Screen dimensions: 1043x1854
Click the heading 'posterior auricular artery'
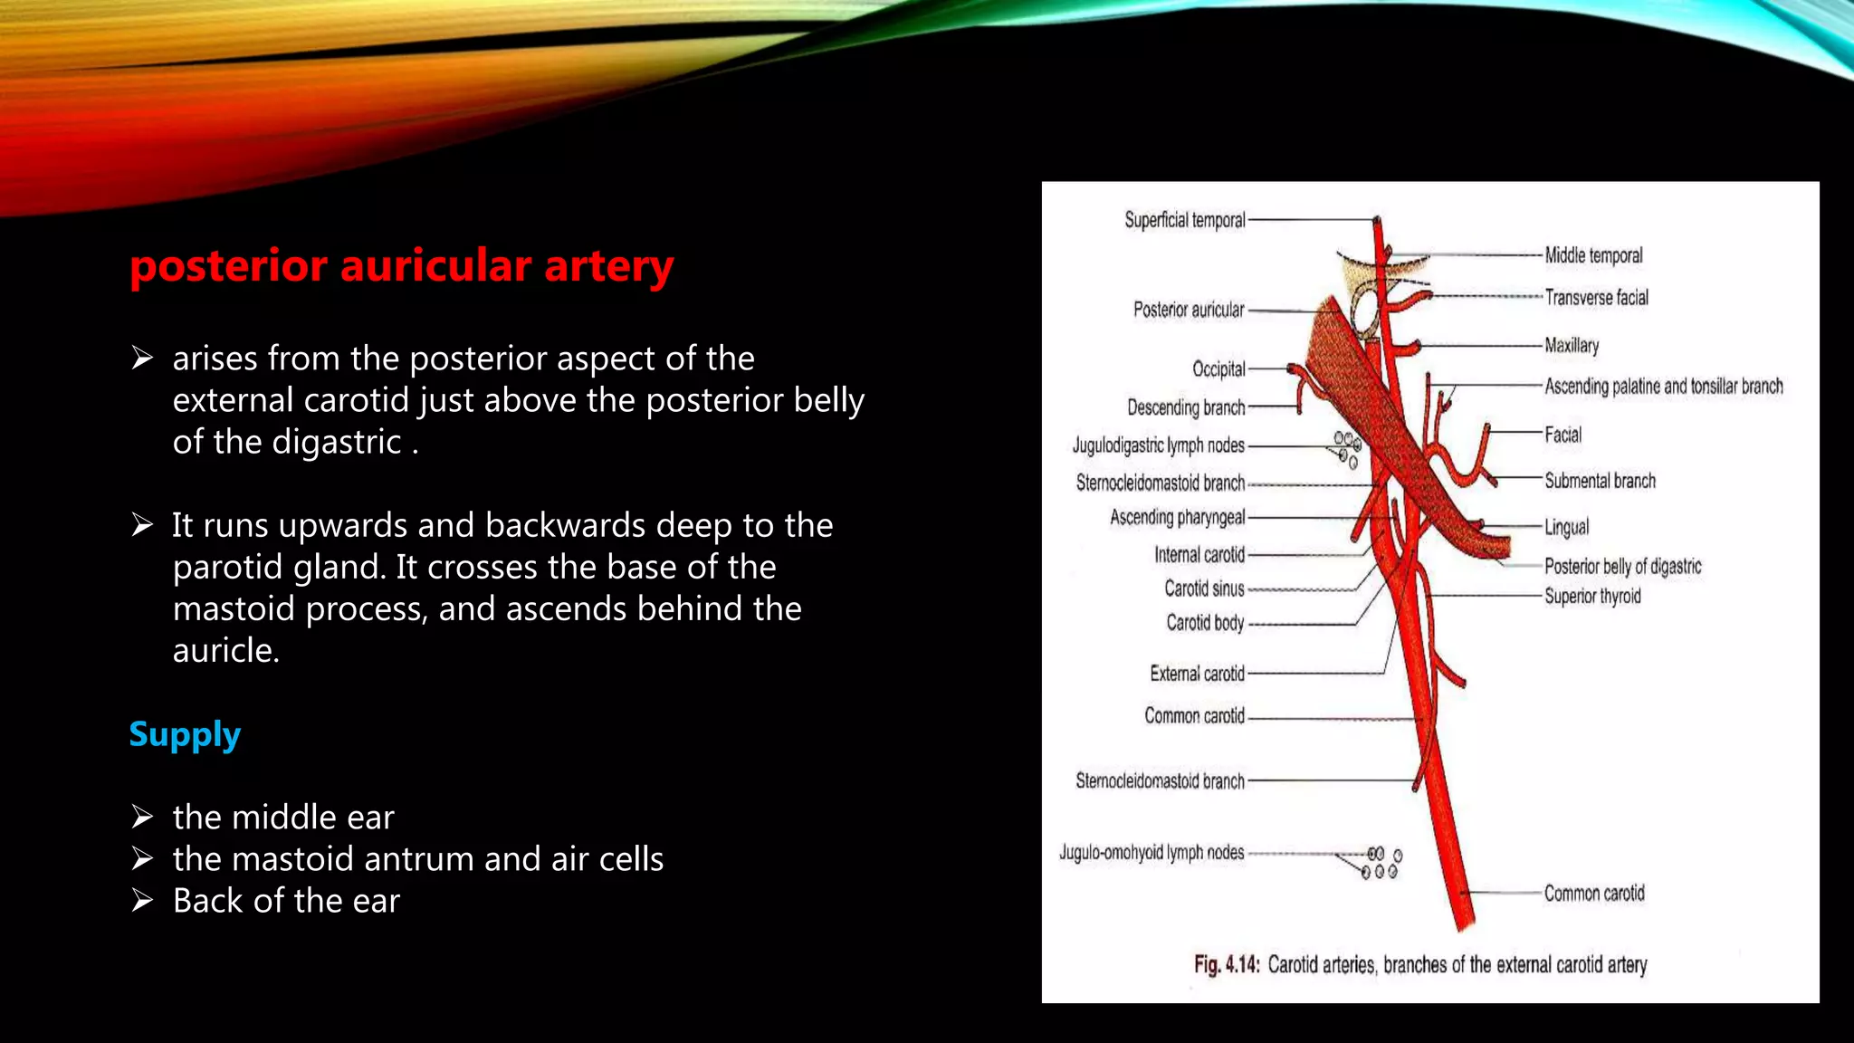click(401, 266)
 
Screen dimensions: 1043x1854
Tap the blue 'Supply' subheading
click(185, 734)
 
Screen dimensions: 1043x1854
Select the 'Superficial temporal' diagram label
click(1184, 220)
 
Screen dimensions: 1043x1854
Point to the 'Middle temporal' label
click(1593, 255)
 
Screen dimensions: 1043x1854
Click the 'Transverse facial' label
click(1596, 297)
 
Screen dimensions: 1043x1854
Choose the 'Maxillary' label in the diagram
click(1572, 345)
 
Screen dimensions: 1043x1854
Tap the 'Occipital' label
click(1218, 368)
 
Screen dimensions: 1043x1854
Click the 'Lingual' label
click(1566, 527)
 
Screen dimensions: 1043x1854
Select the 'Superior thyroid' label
click(1592, 596)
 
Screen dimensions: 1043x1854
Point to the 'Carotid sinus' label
click(1204, 588)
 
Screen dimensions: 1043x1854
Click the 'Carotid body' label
click(1205, 623)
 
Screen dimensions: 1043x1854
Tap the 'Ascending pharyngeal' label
click(1177, 517)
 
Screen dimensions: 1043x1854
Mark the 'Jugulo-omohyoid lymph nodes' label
click(1152, 853)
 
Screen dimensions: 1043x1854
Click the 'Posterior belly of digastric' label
click(1622, 567)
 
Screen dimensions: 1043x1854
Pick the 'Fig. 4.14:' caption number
click(1226, 964)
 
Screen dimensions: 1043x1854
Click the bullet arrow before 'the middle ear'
click(142, 817)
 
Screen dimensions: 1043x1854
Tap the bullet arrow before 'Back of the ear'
click(142, 900)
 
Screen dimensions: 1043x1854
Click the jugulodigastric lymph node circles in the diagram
click(1347, 448)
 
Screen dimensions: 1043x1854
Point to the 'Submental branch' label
click(1600, 481)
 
